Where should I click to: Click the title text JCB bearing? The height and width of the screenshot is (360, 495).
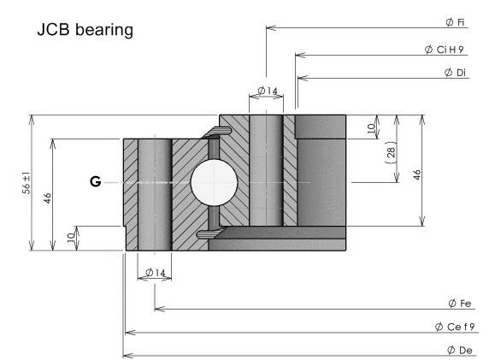(85, 30)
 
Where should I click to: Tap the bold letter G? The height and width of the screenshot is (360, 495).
(96, 181)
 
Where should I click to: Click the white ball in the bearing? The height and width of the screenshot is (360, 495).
(214, 182)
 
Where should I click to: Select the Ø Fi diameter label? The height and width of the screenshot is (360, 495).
(455, 22)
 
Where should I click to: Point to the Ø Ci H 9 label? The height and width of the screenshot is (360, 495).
(444, 50)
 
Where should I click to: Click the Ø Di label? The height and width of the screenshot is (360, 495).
(455, 73)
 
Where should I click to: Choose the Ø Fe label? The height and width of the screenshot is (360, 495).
(459, 304)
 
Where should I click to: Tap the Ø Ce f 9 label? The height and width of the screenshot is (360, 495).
(455, 327)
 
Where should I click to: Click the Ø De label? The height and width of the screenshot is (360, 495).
(460, 351)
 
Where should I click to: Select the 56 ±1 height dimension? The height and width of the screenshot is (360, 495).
(27, 183)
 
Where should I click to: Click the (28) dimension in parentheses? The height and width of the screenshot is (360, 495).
(391, 152)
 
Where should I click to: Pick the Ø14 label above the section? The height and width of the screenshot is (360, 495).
(268, 91)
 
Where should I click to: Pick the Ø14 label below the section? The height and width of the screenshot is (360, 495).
(156, 272)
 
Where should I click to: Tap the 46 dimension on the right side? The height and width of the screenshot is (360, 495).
(417, 174)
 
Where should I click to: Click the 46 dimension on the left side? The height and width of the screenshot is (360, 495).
(47, 198)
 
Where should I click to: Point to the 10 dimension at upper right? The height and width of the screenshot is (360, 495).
(372, 128)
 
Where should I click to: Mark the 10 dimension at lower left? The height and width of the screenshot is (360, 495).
(71, 237)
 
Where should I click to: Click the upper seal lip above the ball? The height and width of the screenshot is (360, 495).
(217, 132)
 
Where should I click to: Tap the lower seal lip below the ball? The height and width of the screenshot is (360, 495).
(211, 233)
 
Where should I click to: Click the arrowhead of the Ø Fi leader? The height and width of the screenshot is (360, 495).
(267, 27)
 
